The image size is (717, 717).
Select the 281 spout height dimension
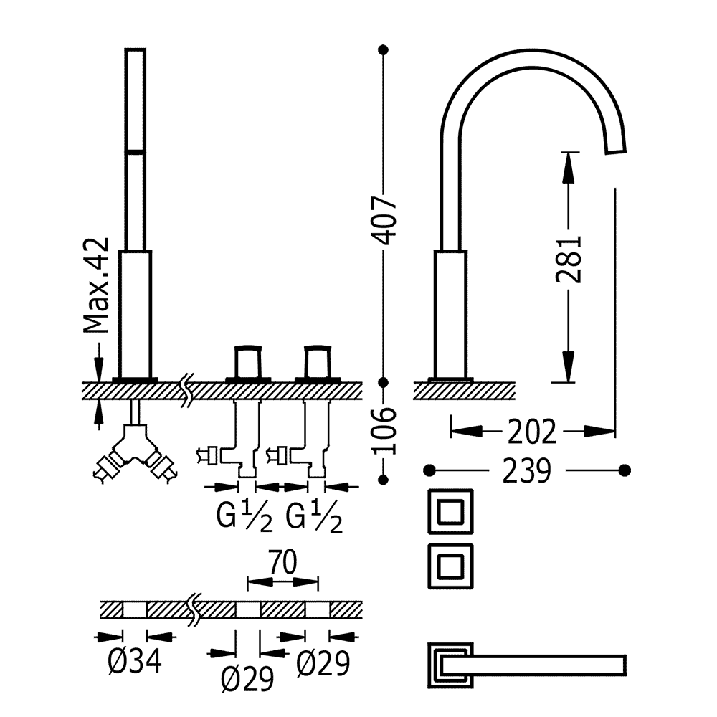[569, 260]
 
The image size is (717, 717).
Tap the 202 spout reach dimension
[532, 431]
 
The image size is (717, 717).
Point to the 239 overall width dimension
[527, 470]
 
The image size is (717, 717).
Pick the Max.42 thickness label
[97, 285]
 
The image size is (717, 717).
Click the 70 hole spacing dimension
[282, 561]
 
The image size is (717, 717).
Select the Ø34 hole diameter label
[135, 661]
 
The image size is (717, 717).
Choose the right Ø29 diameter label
[323, 663]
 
